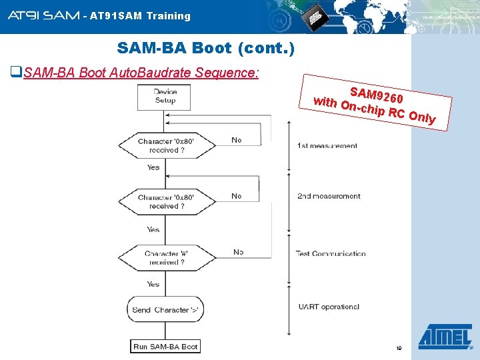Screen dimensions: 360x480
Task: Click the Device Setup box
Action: click(165, 97)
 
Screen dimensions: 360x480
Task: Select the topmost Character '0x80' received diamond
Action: click(166, 145)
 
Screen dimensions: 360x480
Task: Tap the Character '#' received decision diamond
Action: click(165, 258)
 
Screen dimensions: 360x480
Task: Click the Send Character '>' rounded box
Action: click(165, 309)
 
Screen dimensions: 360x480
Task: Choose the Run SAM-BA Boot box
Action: click(165, 347)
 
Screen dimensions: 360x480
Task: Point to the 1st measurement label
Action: click(327, 146)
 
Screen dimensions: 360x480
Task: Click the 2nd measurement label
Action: click(329, 197)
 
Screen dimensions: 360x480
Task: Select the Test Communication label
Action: click(331, 253)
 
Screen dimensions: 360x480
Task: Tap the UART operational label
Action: click(329, 307)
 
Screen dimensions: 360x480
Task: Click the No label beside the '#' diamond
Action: click(238, 252)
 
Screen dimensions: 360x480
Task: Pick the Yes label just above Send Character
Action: click(153, 284)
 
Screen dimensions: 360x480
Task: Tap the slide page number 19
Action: click(399, 349)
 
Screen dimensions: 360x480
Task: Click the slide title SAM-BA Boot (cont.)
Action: click(205, 49)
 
